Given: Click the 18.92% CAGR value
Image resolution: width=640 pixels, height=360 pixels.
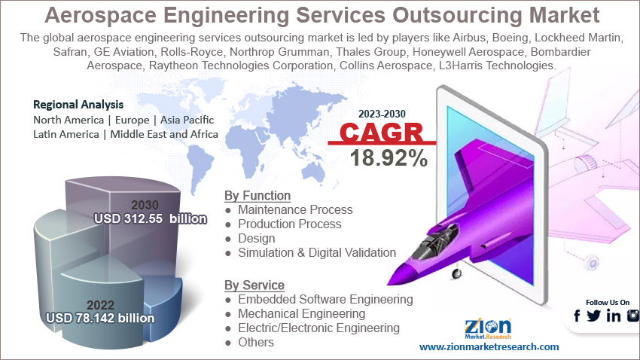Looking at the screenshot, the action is pos(389,158).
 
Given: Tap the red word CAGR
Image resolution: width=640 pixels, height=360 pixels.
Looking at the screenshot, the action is pos(382,132).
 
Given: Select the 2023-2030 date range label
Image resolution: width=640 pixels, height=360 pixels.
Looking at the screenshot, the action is pos(382,114).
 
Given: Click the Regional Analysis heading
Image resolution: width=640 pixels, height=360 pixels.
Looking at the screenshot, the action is pos(78,105).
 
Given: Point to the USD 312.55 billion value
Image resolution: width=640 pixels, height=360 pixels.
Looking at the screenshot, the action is pos(151,218).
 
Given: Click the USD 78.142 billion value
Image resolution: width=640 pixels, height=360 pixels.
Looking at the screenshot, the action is pos(100,318).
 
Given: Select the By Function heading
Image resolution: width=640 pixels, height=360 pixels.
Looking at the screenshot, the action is pos(258,196).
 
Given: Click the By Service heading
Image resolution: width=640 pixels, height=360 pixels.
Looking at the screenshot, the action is pos(254,285).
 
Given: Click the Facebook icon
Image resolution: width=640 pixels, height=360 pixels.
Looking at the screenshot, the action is pos(577,316).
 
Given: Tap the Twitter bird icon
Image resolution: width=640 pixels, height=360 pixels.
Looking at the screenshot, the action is pos(594,316).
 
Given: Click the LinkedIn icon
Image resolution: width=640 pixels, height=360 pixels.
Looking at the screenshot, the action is pos(614,316).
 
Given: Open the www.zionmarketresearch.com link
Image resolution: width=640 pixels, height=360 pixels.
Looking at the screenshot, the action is pos(489,347).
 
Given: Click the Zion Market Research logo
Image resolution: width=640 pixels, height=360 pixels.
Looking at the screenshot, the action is pos(488,329).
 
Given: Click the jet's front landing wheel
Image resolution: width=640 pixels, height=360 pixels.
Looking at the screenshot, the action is pos(457,273).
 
